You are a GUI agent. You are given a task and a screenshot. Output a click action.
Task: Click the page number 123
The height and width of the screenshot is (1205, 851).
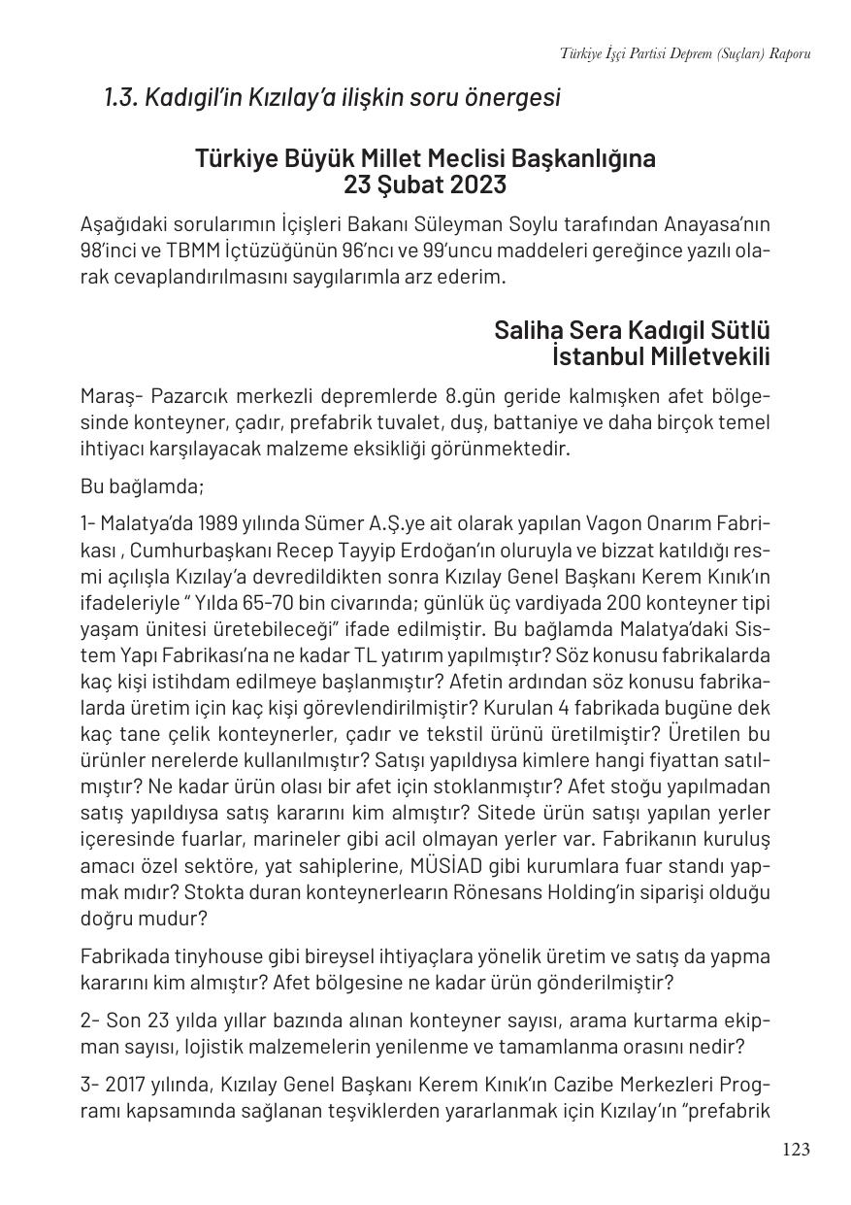point(795,1150)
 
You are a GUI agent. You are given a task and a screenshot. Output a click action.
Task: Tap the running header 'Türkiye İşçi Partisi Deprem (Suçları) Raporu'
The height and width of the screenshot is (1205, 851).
point(685,53)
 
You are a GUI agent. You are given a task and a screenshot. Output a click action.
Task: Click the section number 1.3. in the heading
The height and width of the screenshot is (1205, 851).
point(121,98)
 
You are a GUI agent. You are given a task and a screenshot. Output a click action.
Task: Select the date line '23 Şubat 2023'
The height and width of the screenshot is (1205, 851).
point(424,184)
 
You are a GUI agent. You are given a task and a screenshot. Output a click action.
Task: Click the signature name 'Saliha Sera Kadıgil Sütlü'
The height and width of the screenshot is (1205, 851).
point(632,330)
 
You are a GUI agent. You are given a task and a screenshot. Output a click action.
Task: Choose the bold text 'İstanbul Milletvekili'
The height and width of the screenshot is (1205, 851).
point(660,356)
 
